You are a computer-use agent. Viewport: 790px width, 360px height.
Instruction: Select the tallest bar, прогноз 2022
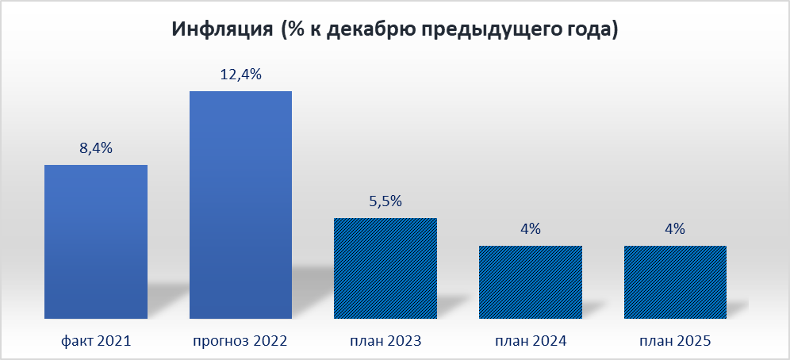(x=240, y=205)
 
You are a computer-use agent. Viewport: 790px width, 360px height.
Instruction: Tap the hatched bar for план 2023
(x=385, y=268)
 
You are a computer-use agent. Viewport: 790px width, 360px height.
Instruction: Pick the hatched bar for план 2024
(x=531, y=281)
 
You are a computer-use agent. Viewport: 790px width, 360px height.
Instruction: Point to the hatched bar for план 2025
(x=675, y=281)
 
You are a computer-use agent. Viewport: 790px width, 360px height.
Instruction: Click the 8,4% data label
(x=96, y=148)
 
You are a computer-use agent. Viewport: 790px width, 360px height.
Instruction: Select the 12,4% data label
(x=240, y=75)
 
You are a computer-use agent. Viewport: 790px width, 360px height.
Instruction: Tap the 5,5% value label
(x=385, y=201)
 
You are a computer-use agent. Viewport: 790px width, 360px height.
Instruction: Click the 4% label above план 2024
(x=531, y=229)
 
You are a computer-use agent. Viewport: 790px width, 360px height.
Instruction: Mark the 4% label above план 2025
(x=675, y=229)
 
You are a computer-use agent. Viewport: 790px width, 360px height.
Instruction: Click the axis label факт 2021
(x=96, y=342)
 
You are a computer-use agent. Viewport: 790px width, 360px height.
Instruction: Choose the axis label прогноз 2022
(x=240, y=342)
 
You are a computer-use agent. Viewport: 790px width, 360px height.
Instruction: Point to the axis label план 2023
(x=385, y=342)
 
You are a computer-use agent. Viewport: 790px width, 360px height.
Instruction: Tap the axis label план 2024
(x=531, y=342)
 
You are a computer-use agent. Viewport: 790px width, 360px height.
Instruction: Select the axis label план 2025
(x=675, y=342)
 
